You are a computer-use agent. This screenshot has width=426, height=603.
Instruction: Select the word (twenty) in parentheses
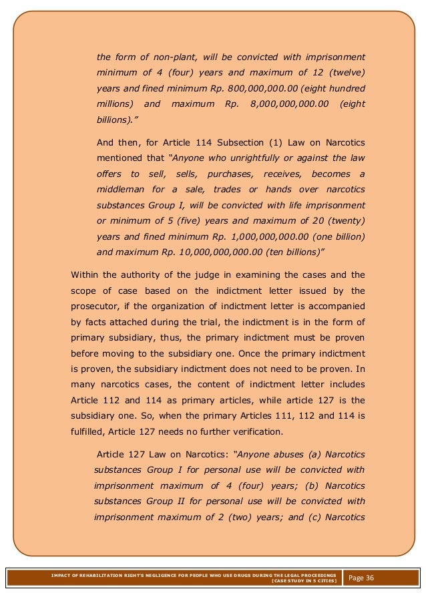tap(346, 221)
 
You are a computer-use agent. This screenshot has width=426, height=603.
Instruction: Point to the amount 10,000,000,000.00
tap(203, 253)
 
